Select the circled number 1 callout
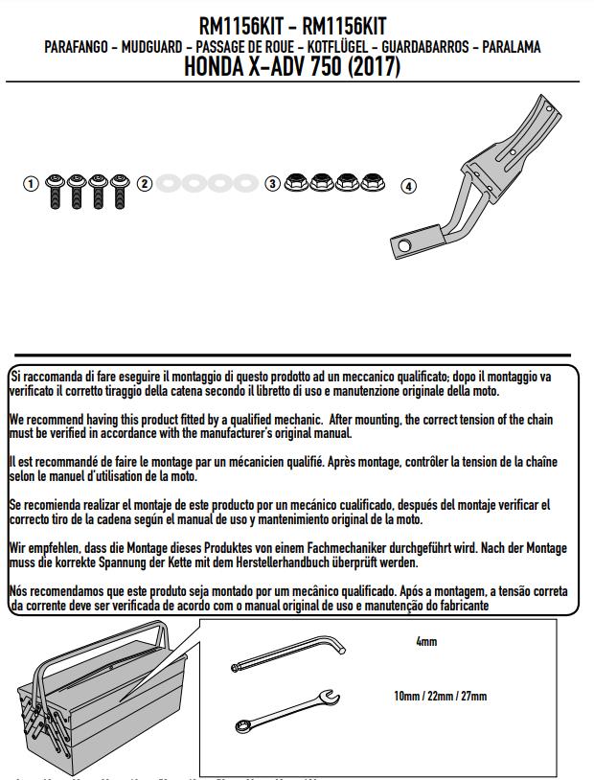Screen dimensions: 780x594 click(x=32, y=183)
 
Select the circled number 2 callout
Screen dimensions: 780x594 click(x=144, y=183)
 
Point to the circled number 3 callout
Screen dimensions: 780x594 click(x=272, y=183)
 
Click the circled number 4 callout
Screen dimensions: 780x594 click(x=409, y=187)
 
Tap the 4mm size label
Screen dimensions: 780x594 click(x=426, y=642)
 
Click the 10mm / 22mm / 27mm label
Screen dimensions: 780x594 click(x=440, y=697)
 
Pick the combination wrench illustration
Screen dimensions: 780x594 click(x=283, y=710)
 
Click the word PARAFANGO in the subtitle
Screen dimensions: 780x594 click(x=77, y=47)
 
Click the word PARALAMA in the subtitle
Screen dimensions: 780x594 click(x=512, y=47)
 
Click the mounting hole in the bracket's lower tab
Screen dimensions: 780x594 click(x=410, y=244)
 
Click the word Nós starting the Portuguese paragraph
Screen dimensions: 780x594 click(x=19, y=591)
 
